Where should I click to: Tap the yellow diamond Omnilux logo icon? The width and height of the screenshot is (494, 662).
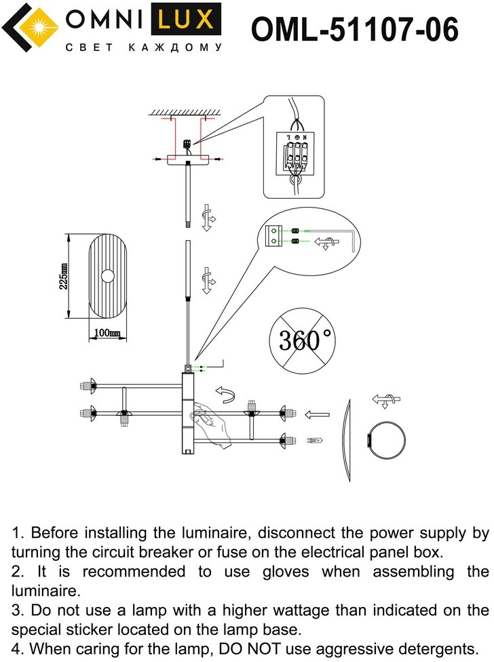[x=29, y=27]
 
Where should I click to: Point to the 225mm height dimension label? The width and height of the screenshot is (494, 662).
[x=63, y=276]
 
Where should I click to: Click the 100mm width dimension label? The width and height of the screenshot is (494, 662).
[x=107, y=333]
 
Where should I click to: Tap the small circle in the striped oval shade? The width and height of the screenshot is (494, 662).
[x=108, y=276]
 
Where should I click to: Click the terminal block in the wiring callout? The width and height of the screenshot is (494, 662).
[x=294, y=155]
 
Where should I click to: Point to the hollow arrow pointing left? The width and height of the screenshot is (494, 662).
[x=317, y=414]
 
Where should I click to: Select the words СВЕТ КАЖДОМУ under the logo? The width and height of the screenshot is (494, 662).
[x=142, y=48]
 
